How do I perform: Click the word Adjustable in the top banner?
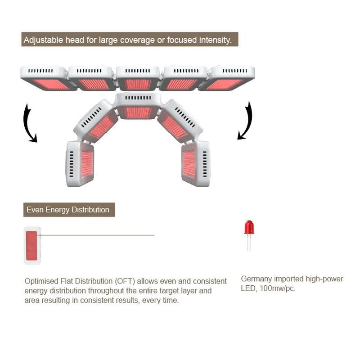(x=43, y=40)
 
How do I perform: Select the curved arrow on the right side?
(x=245, y=121)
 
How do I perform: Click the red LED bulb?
(x=249, y=227)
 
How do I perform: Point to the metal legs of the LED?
(x=249, y=242)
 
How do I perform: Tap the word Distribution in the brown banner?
(x=90, y=210)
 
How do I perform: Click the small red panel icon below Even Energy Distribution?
(x=31, y=246)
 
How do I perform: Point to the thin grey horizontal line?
(x=96, y=235)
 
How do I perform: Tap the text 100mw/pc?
(x=277, y=288)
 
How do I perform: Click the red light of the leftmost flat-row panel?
(x=50, y=84)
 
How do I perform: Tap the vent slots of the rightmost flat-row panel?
(x=234, y=71)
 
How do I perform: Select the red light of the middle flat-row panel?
(x=138, y=84)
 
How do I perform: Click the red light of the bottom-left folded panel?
(x=87, y=164)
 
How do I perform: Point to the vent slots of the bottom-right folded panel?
(x=205, y=164)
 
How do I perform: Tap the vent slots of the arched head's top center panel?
(x=138, y=98)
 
